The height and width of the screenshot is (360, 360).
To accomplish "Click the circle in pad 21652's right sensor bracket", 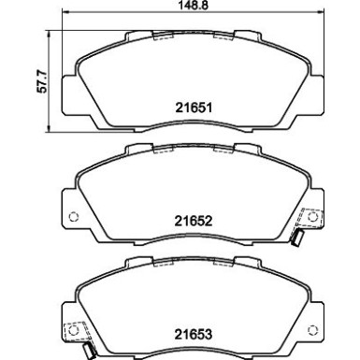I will point(311,216).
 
